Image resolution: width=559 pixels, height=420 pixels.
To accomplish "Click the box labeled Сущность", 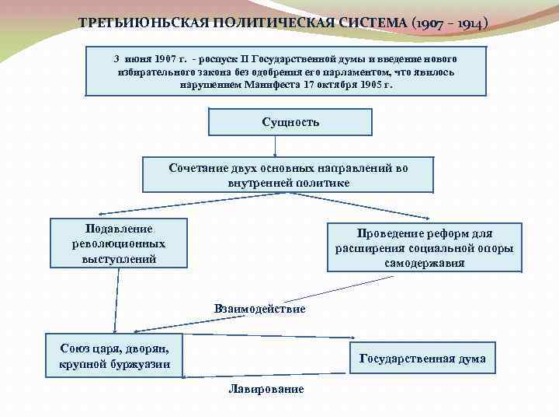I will (x=291, y=122).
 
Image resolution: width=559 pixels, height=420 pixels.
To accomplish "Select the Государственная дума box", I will (x=422, y=359).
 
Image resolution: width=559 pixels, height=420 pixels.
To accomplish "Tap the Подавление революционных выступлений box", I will (x=119, y=243).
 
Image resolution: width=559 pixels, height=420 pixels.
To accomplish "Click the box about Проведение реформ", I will (x=424, y=248).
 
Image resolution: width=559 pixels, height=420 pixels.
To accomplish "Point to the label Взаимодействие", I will (x=259, y=309).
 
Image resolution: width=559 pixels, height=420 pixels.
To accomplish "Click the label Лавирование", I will (x=266, y=389).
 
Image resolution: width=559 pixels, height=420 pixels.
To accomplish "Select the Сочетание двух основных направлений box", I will (x=288, y=175).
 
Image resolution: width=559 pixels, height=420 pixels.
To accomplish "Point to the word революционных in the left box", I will (x=119, y=243).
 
